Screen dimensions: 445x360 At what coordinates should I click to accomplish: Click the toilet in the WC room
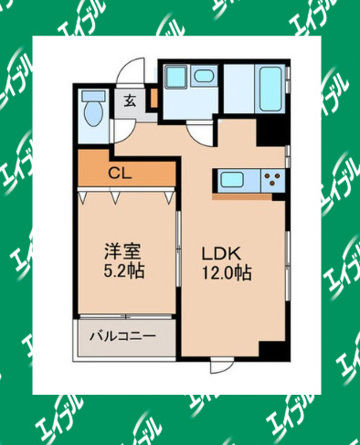tap(93, 111)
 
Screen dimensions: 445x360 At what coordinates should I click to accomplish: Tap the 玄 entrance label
tap(131, 101)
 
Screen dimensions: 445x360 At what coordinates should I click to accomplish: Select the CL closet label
tap(120, 171)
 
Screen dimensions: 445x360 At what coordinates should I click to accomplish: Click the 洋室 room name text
tap(122, 250)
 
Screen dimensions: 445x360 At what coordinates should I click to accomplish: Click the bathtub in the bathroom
tap(267, 89)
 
